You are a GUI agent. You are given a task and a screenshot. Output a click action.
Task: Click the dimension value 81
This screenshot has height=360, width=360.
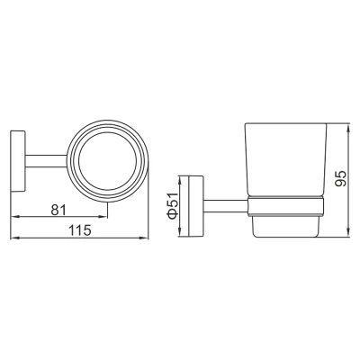point(58,210)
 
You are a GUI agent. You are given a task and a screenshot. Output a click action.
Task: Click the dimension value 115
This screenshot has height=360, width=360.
point(79,230)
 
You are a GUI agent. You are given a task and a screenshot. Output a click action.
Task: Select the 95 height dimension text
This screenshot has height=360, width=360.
point(340,179)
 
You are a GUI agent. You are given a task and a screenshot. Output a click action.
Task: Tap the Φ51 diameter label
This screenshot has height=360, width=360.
point(174,205)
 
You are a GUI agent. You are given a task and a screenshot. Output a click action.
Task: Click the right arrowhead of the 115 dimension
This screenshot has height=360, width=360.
point(145,238)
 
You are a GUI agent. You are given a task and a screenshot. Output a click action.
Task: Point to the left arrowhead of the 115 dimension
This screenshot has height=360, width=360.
point(14,238)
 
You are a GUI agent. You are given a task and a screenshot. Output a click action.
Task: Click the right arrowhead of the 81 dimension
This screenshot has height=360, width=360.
point(103,217)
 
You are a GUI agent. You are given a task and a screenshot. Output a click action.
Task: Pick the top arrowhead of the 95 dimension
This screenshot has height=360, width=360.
point(348,127)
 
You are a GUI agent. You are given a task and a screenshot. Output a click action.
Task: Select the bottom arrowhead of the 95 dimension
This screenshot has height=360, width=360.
point(348,233)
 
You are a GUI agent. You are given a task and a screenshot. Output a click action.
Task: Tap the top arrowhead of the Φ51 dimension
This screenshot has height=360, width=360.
point(179,180)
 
